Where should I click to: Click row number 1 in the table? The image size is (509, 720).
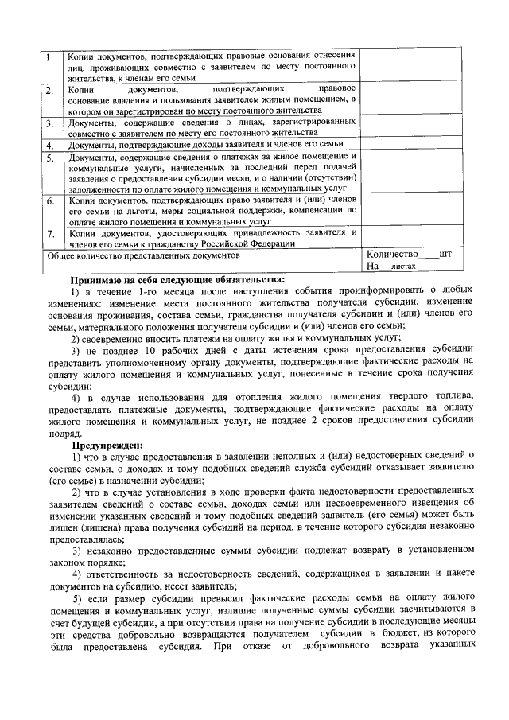tap(49, 59)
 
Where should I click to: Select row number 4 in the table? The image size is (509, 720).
tap(49, 146)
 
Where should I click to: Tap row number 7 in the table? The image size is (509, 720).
tap(49, 235)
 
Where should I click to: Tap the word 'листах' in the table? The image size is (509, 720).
tap(403, 270)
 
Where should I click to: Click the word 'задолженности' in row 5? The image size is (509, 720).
tap(100, 190)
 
